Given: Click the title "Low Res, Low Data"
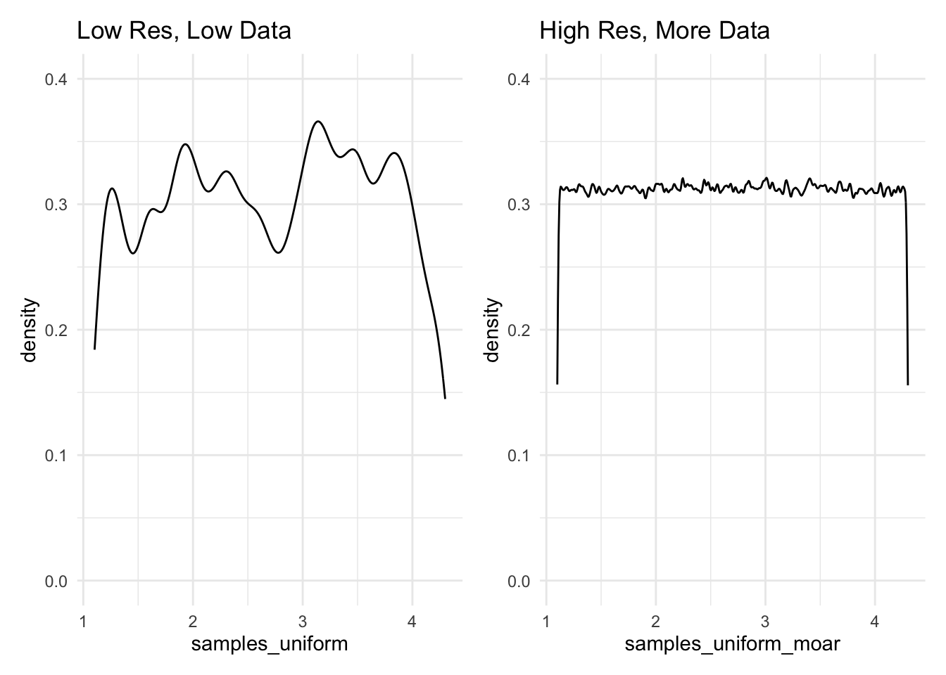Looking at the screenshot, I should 183,31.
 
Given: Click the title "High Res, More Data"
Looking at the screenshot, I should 654,31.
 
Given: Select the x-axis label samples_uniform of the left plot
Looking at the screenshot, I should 270,643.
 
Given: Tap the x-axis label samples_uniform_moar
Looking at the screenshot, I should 732,643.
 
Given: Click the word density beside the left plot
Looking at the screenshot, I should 29,330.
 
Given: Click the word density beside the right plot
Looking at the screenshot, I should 492,330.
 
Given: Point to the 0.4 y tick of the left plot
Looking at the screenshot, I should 56,79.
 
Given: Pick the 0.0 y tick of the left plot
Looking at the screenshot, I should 56,581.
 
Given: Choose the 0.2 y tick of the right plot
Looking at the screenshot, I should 519,330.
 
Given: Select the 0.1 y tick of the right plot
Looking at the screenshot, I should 519,456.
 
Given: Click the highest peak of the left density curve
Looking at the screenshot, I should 318,122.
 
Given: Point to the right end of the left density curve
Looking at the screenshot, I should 445,398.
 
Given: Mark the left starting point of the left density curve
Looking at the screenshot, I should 94,349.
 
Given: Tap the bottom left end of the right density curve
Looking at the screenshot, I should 557,383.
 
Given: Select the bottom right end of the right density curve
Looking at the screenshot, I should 908,384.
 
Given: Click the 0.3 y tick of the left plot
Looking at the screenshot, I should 56,205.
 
